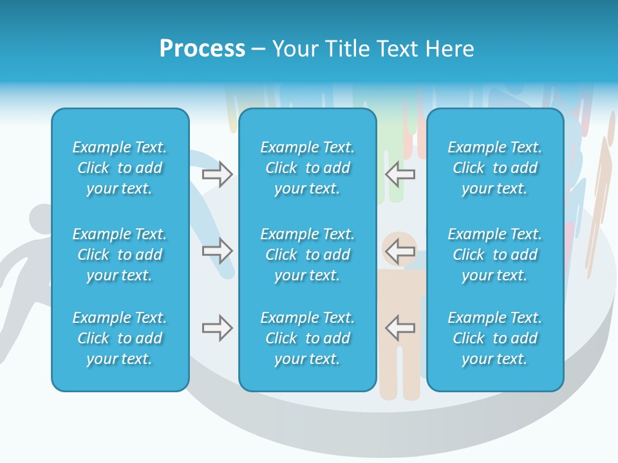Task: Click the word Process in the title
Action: [x=202, y=49]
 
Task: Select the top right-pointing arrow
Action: [x=218, y=174]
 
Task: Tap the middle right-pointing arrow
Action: [x=218, y=251]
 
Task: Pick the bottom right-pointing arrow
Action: [x=218, y=328]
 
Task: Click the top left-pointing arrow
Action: [x=400, y=173]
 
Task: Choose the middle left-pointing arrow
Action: [x=400, y=250]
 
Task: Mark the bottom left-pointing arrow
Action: [x=400, y=327]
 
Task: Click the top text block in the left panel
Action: [x=120, y=168]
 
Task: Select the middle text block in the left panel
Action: [x=120, y=255]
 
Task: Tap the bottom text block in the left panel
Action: [x=120, y=338]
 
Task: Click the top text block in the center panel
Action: [x=307, y=168]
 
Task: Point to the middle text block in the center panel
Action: [x=307, y=255]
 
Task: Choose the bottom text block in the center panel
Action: [x=307, y=338]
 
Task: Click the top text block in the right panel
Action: [x=494, y=168]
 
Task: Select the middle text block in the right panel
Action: [x=494, y=255]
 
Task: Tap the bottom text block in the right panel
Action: [x=494, y=338]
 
